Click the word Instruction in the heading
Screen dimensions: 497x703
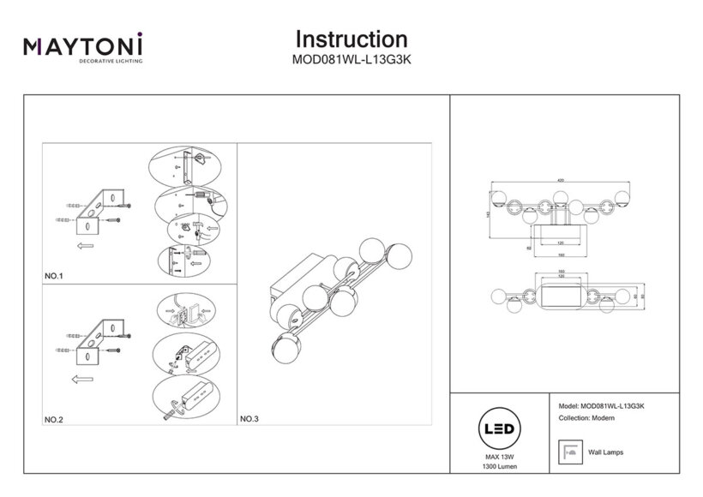351,39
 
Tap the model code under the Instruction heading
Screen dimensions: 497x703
351,61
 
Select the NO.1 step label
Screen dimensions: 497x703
54,276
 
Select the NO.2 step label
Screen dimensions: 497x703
54,419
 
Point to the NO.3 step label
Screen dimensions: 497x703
249,419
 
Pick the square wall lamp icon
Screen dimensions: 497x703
568,451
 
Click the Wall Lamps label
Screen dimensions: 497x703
606,452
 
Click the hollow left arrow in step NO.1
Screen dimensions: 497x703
85,246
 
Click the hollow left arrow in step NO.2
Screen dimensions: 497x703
82,377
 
